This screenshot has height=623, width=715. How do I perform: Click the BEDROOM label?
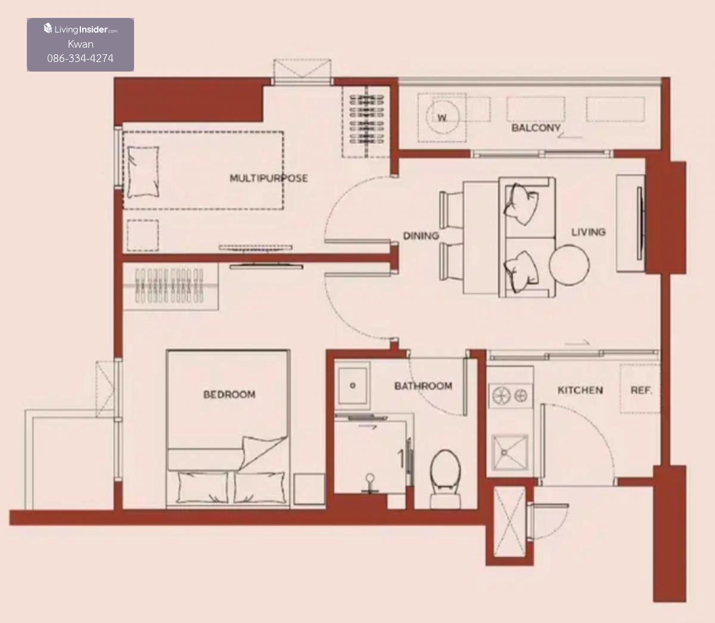tap(229, 394)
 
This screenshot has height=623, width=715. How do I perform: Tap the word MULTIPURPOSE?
tap(269, 178)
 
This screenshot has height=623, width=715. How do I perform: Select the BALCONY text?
tap(536, 128)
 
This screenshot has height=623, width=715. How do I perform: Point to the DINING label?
tap(421, 235)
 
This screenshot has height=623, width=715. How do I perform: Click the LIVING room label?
tap(589, 232)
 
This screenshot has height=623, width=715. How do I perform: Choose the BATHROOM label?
tap(423, 386)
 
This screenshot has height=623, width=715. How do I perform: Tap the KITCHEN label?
tap(580, 390)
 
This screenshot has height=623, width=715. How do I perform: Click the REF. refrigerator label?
tap(641, 390)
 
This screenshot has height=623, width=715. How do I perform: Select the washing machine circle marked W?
tap(442, 116)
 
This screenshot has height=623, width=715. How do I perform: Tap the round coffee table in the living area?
tap(569, 265)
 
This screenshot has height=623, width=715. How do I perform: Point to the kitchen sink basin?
tap(510, 452)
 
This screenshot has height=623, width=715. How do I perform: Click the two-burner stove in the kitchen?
tap(510, 395)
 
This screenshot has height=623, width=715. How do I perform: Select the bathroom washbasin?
tap(352, 385)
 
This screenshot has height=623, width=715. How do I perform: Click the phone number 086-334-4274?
tap(80, 58)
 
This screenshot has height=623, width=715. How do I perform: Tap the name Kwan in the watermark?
tap(80, 44)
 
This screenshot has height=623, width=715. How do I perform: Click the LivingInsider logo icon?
tap(48, 29)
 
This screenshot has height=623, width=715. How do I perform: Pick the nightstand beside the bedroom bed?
tap(309, 489)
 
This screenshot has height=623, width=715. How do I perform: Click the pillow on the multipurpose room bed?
tap(143, 172)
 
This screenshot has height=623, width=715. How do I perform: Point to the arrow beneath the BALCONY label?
tap(570, 137)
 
